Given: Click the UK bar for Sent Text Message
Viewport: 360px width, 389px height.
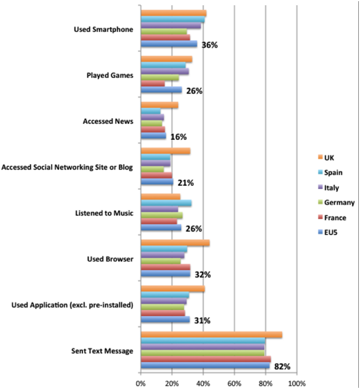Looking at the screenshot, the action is point(212,334).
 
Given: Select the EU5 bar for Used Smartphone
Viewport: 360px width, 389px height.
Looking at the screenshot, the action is point(169,44).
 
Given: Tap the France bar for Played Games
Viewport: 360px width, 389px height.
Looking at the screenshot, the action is point(152,84).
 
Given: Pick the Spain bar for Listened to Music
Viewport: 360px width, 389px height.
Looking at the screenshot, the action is point(166,203).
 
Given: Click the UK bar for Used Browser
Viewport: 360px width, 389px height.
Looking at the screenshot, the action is point(175,243).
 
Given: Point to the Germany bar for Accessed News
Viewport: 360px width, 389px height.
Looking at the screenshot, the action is point(151,123).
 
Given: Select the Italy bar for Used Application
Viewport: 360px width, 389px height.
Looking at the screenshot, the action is point(163,301).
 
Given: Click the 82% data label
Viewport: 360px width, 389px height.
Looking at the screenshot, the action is point(282,367).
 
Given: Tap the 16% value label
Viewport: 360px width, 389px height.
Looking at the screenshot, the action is point(178,137).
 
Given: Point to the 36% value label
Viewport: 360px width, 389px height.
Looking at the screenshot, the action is point(209,45).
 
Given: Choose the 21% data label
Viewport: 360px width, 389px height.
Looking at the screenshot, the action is point(186,183).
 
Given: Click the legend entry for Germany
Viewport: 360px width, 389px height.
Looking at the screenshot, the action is point(336,203).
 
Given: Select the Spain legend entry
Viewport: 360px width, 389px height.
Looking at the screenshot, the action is point(330,173).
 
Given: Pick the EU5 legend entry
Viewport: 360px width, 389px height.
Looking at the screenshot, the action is point(328,232).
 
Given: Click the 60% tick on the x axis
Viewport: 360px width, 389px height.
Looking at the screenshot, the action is point(234,383).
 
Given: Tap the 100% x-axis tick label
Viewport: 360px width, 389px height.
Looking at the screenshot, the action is point(297,383).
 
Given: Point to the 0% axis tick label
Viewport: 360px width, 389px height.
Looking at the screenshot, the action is point(140,383).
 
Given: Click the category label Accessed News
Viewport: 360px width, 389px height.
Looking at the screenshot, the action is point(108,121).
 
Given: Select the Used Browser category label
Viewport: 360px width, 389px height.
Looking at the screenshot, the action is point(110,259).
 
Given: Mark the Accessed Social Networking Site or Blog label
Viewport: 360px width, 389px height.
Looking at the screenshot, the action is point(67,167).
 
